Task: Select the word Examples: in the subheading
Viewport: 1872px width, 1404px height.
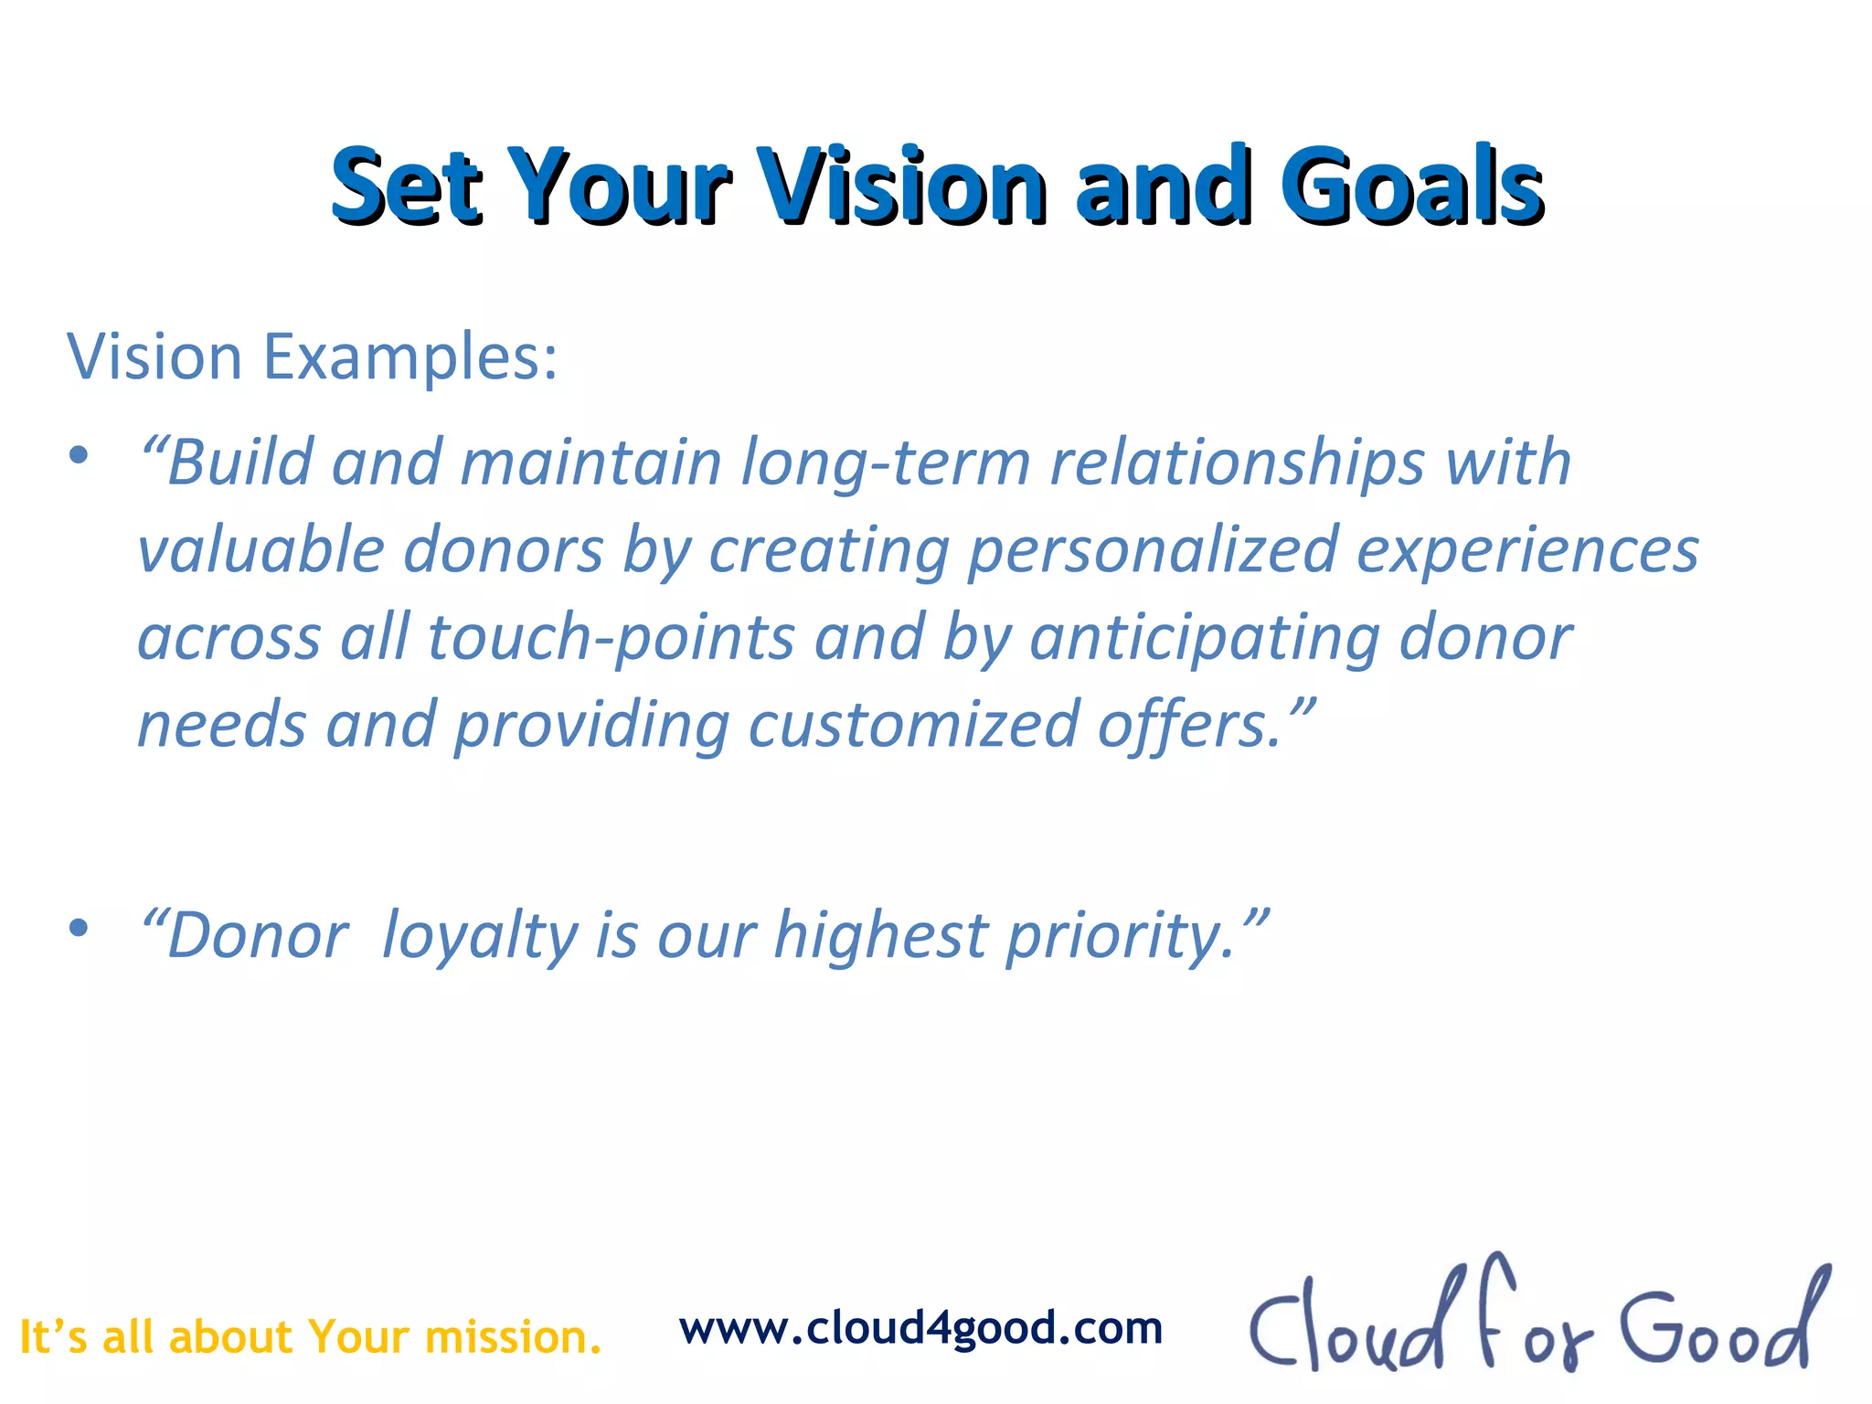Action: [x=409, y=356]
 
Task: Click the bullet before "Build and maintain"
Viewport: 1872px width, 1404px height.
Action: [x=79, y=454]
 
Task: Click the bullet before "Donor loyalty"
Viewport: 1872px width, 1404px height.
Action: [x=79, y=928]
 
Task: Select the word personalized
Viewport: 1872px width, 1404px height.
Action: [x=1154, y=550]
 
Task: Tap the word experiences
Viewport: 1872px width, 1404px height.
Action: [x=1526, y=550]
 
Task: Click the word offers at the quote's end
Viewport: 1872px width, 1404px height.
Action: [x=1188, y=725]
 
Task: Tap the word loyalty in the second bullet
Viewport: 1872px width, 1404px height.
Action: [x=479, y=937]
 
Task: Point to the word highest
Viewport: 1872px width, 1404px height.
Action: [x=880, y=937]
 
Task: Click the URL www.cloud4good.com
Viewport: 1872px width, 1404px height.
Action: [x=920, y=1328]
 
